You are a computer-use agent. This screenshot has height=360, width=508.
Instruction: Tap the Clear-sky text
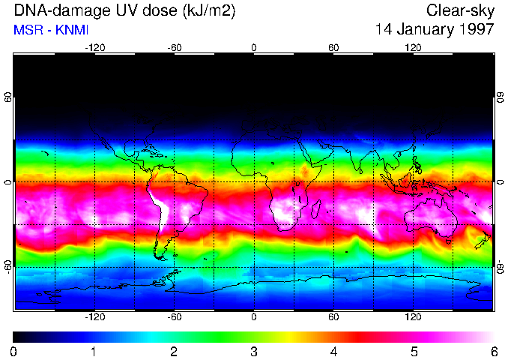pyautogui.click(x=460, y=10)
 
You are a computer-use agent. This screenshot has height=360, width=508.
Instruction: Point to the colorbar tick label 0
pyautogui.click(x=14, y=351)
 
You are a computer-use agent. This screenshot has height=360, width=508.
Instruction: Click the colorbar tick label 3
pyautogui.click(x=254, y=351)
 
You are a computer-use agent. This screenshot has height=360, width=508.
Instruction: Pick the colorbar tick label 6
pyautogui.click(x=493, y=351)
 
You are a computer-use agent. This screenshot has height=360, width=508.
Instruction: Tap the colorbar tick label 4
pyautogui.click(x=333, y=351)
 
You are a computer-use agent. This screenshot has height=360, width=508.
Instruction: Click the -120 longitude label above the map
pyautogui.click(x=94, y=48)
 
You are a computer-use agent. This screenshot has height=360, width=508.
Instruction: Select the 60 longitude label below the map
pyautogui.click(x=333, y=316)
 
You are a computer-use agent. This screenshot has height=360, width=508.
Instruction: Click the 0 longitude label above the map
pyautogui.click(x=254, y=48)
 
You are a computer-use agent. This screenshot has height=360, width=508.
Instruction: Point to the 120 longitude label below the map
pyautogui.click(x=413, y=316)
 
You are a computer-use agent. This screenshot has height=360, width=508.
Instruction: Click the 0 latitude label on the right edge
pyautogui.click(x=500, y=182)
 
